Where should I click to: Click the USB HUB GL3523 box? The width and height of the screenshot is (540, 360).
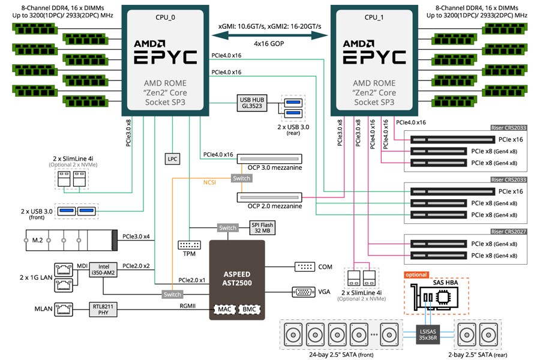pyautogui.click(x=252, y=103)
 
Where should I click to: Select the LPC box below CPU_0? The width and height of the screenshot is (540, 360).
pyautogui.click(x=172, y=159)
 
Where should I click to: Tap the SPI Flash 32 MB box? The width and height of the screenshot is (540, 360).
pyautogui.click(x=262, y=228)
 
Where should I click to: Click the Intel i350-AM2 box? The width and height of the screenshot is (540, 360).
pyautogui.click(x=103, y=270)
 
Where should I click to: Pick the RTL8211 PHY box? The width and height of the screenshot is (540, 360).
pyautogui.click(x=103, y=309)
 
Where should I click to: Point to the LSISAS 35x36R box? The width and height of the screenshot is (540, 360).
pyautogui.click(x=428, y=335)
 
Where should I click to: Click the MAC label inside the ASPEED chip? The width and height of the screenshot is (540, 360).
pyautogui.click(x=224, y=310)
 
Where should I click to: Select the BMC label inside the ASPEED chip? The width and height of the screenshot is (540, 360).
pyautogui.click(x=250, y=310)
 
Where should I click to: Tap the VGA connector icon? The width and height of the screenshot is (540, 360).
pyautogui.click(x=304, y=292)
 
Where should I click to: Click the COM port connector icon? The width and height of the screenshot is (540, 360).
pyautogui.click(x=305, y=266)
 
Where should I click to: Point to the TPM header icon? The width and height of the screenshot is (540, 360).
pyautogui.click(x=190, y=245)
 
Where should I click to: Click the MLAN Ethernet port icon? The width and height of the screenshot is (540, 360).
pyautogui.click(x=64, y=310)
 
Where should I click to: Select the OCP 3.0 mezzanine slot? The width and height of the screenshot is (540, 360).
pyautogui.click(x=269, y=159)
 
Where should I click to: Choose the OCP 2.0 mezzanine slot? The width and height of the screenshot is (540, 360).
pyautogui.click(x=269, y=197)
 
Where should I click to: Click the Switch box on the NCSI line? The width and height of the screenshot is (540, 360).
pyautogui.click(x=241, y=178)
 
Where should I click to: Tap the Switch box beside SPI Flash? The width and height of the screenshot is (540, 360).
pyautogui.click(x=227, y=228)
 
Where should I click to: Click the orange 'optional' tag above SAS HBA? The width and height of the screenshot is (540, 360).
pyautogui.click(x=416, y=275)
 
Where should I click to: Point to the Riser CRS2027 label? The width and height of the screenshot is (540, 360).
pyautogui.click(x=508, y=232)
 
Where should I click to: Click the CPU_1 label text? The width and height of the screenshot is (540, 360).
pyautogui.click(x=374, y=17)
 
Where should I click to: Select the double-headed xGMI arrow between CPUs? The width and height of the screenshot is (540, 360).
pyautogui.click(x=269, y=35)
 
